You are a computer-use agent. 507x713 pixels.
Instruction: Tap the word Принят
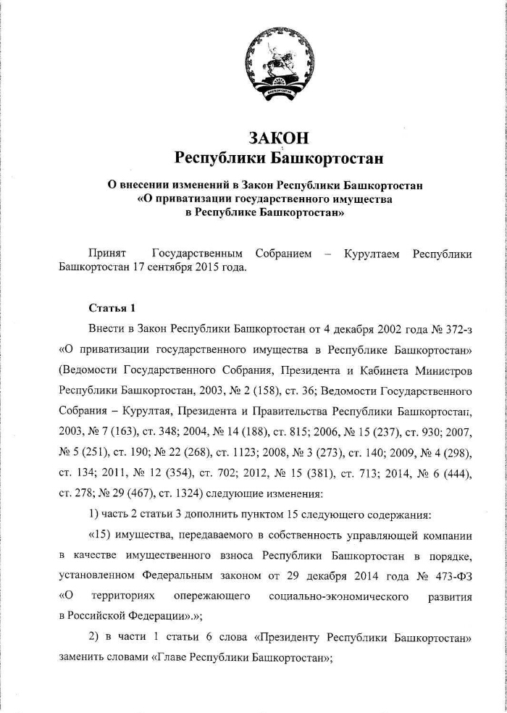click(107, 254)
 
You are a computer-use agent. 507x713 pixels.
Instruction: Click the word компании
click(442, 537)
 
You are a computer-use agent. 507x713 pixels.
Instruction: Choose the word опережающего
click(216, 596)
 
